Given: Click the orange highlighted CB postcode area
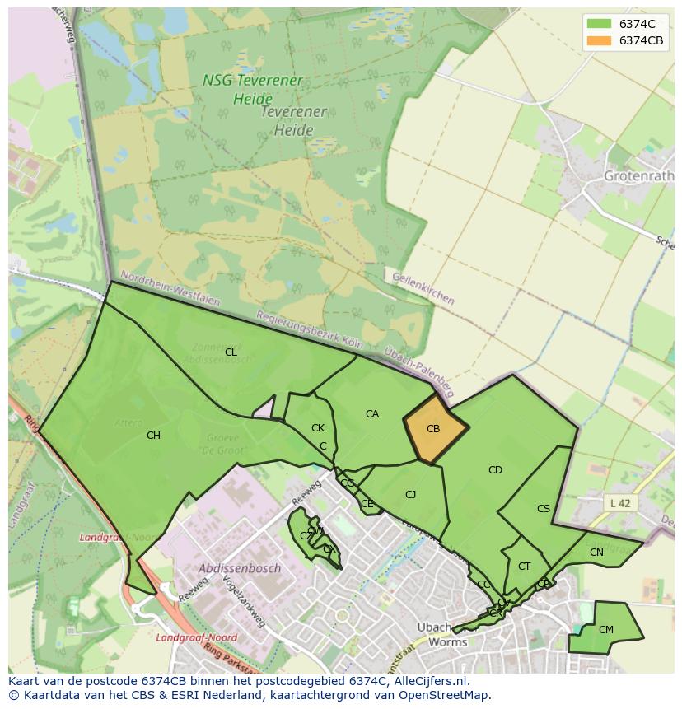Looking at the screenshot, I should click(435, 429).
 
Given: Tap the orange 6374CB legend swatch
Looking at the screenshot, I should click(598, 40).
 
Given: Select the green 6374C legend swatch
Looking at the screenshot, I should click(598, 23).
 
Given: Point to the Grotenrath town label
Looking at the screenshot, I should click(638, 176).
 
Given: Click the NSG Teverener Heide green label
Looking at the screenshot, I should click(241, 90).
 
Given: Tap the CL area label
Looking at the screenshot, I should click(231, 352).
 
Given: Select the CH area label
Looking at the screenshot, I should click(153, 436).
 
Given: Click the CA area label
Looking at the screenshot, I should click(372, 414).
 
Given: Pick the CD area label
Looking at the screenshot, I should click(495, 470).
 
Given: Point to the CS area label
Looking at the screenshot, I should click(543, 509).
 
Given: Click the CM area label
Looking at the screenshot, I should click(605, 630).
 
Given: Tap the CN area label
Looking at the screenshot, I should click(596, 553).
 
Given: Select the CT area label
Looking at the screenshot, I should click(524, 567).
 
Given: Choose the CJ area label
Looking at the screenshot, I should click(410, 495).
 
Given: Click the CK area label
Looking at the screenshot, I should click(318, 428).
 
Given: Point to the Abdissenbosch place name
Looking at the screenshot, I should click(240, 568).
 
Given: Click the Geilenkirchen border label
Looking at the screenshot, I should click(423, 289).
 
